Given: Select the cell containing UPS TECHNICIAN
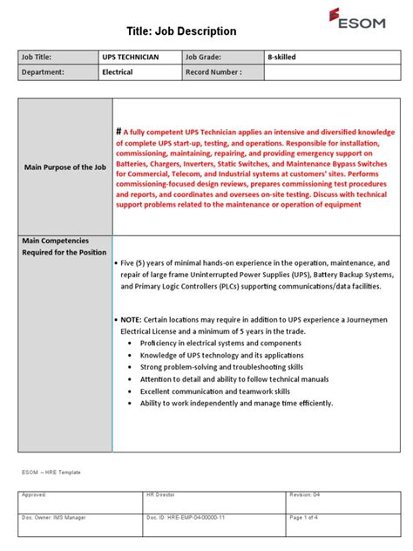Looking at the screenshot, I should (x=132, y=57).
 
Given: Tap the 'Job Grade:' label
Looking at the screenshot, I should (x=205, y=57).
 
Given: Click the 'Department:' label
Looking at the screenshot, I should (x=45, y=72).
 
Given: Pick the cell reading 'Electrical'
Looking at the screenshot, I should (x=119, y=72).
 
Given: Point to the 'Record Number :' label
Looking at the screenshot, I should (x=213, y=72).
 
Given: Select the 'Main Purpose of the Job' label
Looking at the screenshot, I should (x=65, y=167).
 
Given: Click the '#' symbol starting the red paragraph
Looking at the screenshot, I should (x=119, y=129).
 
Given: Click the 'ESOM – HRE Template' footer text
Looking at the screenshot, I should (x=51, y=472).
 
